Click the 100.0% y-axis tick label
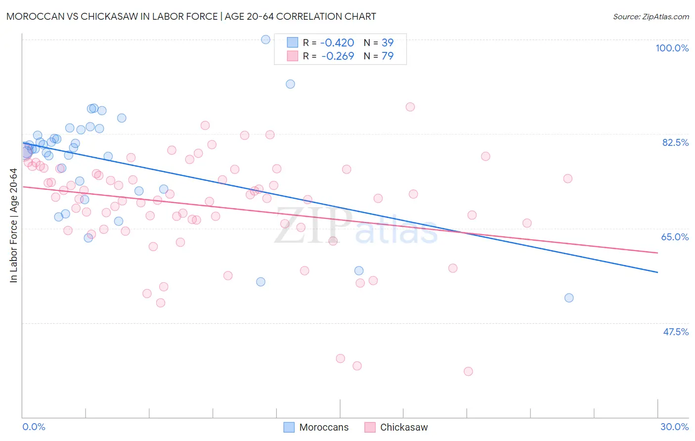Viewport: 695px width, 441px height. (x=672, y=48)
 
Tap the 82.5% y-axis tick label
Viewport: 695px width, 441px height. (x=675, y=142)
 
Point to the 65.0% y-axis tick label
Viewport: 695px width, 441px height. (x=675, y=237)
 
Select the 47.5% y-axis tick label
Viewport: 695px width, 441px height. (x=676, y=332)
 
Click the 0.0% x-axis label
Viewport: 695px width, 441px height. (x=34, y=427)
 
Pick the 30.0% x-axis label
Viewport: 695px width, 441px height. (x=674, y=427)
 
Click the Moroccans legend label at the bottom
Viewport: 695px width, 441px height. (x=324, y=427)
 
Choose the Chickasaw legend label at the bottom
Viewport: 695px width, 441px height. (x=404, y=427)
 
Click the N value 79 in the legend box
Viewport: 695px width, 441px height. (x=388, y=56)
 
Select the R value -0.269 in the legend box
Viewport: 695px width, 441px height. (x=338, y=56)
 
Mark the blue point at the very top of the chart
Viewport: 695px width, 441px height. (x=265, y=40)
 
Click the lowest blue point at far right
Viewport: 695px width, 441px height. (x=569, y=298)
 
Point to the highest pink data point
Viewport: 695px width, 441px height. (x=410, y=107)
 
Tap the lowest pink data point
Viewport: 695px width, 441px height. (x=468, y=371)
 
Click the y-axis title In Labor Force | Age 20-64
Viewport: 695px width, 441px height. (x=13, y=225)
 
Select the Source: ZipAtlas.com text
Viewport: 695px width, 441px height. (x=651, y=17)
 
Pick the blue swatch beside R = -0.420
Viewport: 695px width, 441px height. (x=293, y=43)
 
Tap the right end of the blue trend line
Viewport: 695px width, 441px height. (x=657, y=272)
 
